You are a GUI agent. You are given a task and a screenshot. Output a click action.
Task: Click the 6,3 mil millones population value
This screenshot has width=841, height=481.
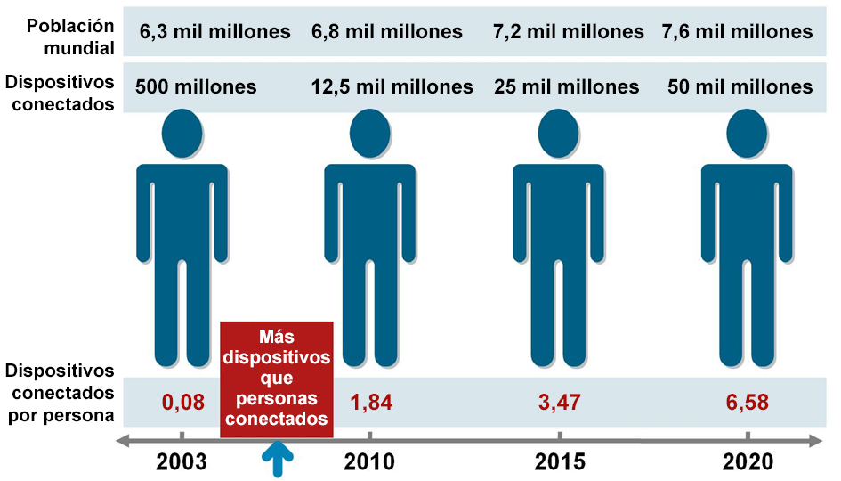[x=214, y=32]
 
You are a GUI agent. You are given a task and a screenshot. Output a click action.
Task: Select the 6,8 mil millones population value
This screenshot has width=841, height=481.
[x=387, y=32]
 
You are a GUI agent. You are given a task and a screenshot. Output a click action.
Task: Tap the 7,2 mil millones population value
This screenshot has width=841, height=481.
[x=568, y=32]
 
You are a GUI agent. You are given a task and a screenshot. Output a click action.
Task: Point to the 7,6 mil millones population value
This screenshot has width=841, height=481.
[x=737, y=32]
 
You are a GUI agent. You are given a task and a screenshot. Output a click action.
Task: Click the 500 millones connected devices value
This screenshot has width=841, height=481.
[x=196, y=87]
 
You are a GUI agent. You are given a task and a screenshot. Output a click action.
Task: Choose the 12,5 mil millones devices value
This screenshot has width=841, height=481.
[x=392, y=87]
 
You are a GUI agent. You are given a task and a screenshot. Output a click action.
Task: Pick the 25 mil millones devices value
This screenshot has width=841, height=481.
[x=567, y=87]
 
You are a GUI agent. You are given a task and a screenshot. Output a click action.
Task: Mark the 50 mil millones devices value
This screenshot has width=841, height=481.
[x=740, y=87]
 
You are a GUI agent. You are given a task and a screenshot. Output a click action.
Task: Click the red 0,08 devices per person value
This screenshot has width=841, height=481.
[x=182, y=402]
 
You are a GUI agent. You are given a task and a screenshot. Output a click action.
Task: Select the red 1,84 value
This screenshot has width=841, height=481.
[x=370, y=402]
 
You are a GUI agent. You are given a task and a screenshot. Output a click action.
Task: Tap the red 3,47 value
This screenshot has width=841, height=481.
[x=560, y=402]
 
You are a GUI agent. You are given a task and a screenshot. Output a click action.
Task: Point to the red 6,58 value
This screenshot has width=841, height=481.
[x=748, y=402]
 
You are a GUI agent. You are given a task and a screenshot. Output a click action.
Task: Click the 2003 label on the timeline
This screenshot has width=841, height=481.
[x=182, y=462]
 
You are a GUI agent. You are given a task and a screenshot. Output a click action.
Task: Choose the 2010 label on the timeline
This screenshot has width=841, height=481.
[x=370, y=462]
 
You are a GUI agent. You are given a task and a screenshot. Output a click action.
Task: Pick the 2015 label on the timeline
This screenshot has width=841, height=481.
[x=560, y=462]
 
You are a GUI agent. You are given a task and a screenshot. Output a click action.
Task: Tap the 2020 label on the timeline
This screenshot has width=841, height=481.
[x=748, y=462]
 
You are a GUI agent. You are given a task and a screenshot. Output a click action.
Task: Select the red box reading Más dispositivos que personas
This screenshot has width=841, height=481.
[x=277, y=379]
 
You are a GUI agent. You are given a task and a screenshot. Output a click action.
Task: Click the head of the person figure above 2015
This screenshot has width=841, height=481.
[x=560, y=135]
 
